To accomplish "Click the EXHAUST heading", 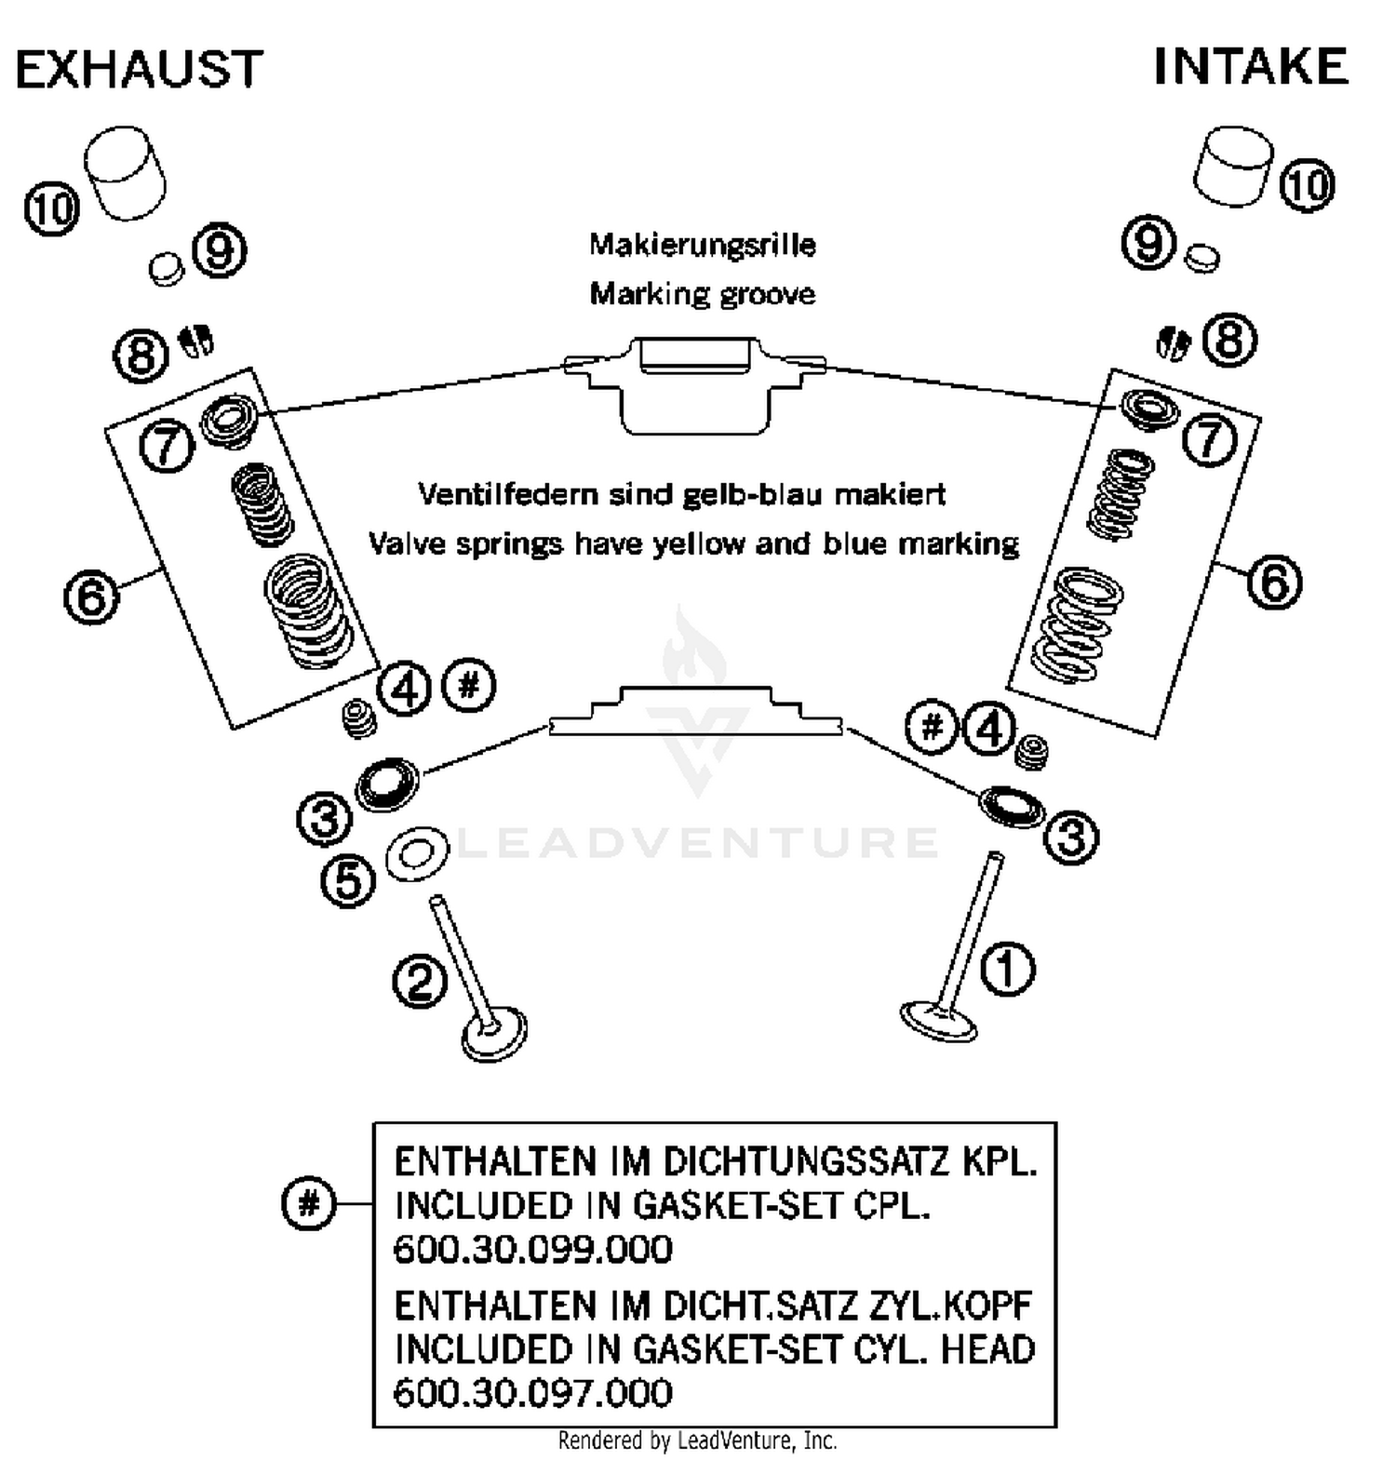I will coord(140,70).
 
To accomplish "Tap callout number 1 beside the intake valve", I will coord(1008,969).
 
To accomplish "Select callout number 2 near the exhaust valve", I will coord(420,981).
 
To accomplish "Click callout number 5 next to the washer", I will coord(348,880).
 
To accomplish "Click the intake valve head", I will coord(938,1021).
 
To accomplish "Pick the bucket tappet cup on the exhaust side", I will coord(125,174).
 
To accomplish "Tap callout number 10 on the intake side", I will coord(1307,185).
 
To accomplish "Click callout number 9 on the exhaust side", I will coord(220,251).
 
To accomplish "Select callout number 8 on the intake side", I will coord(1228,339).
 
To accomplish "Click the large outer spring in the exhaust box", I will coord(307,610).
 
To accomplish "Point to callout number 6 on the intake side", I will coord(1273,582).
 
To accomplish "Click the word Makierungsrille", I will coord(702,245).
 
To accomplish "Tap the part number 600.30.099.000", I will coord(532,1249).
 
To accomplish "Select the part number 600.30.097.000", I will coord(532,1393).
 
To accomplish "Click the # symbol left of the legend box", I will coord(308,1203).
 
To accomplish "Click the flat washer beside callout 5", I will coord(416,854).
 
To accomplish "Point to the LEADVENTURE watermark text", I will coord(698,843).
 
